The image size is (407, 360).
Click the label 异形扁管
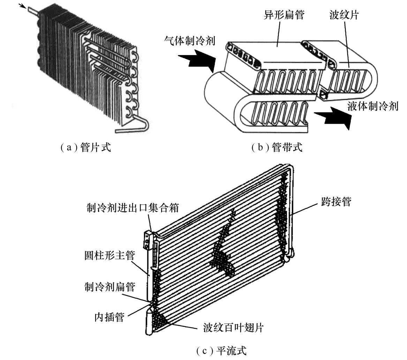click(x=284, y=15)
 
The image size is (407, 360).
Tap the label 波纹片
click(x=344, y=15)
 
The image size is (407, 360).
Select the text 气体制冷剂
click(x=190, y=41)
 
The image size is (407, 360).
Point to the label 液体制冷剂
click(x=373, y=106)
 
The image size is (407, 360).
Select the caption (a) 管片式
click(x=86, y=147)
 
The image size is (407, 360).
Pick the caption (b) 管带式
click(x=277, y=147)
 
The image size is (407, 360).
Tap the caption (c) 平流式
click(x=221, y=351)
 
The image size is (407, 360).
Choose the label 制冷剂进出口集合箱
click(x=133, y=208)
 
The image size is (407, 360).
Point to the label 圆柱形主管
click(x=110, y=256)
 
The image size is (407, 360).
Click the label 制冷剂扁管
click(x=110, y=287)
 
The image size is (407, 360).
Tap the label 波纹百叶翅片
click(x=233, y=327)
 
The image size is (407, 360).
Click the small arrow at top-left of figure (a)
click(x=23, y=6)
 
